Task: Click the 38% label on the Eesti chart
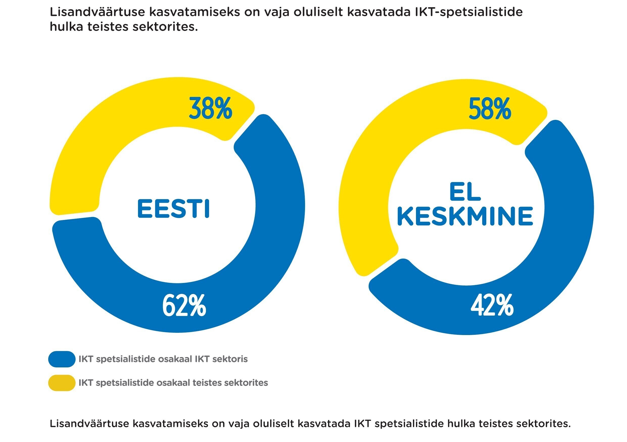point(210,109)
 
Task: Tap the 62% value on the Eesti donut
point(184,306)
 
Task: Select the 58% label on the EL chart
point(490,109)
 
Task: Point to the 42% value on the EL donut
point(492,306)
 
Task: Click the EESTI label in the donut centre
point(173,209)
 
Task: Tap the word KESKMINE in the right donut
point(465,216)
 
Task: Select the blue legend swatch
point(62,359)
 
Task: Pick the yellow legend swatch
point(62,383)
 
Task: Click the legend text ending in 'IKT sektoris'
point(163,359)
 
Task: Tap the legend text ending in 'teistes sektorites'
point(173,383)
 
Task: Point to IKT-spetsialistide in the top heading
point(469,12)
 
